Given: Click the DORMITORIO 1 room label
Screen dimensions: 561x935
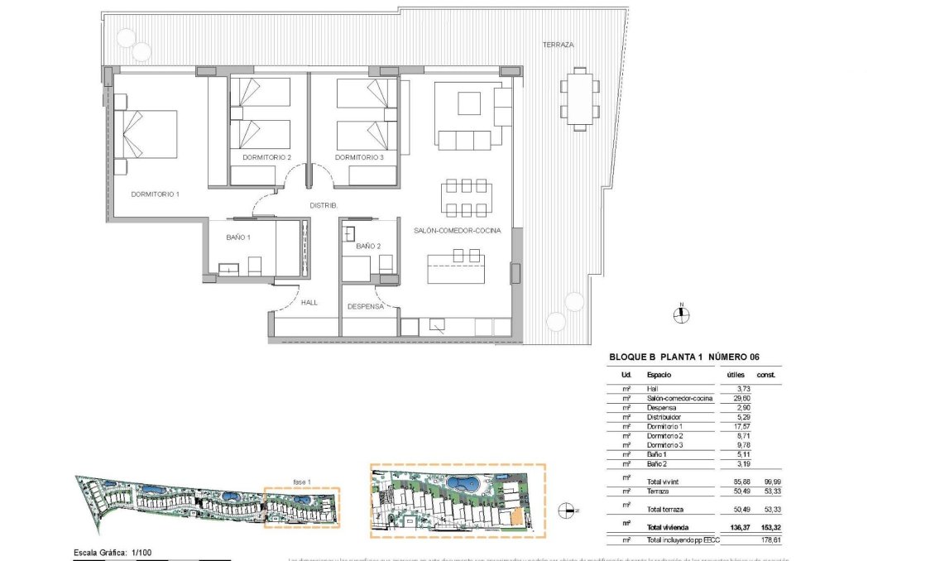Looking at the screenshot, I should click(155, 194).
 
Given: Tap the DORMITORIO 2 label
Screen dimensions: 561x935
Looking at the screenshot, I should click(266, 157).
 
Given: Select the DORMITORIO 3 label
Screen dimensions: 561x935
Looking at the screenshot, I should click(359, 157).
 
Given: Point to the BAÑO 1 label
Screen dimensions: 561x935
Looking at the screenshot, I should click(238, 237).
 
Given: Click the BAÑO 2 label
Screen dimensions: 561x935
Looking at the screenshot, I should click(368, 247).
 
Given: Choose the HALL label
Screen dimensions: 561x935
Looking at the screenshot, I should click(309, 303).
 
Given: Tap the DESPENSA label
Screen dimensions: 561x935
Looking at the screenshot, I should click(365, 306).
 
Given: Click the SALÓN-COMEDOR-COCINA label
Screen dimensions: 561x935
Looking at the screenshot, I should click(457, 231).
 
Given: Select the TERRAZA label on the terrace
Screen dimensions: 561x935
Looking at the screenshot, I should click(558, 45).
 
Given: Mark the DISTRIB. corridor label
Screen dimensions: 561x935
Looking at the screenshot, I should click(322, 206).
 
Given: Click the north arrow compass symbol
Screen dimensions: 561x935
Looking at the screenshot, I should click(681, 313).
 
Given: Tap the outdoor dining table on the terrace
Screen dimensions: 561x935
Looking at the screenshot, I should click(580, 98).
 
